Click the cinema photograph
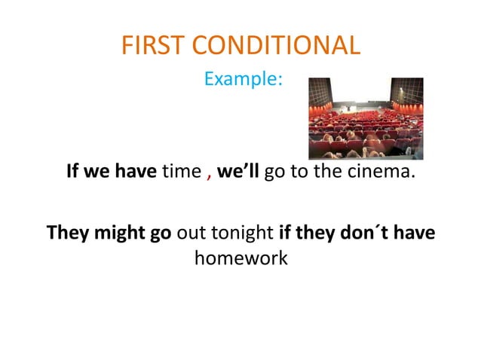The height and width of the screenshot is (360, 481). point(366,118)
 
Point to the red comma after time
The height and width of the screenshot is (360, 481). point(208,175)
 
